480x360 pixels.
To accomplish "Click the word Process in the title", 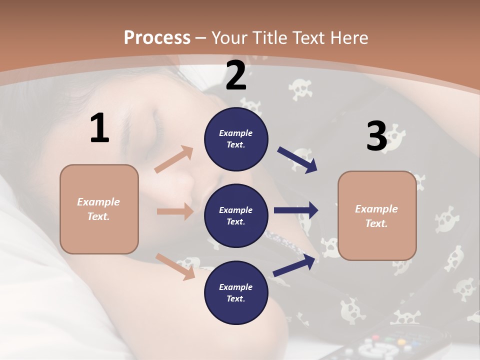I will (157, 37).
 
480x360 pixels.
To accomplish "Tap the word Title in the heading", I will (270, 37).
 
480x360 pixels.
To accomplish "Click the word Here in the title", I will (349, 37).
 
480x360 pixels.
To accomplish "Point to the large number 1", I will (99, 128).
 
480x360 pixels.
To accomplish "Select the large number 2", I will (236, 75).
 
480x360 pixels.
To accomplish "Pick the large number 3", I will (376, 136).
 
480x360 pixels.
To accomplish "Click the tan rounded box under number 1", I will (99, 209).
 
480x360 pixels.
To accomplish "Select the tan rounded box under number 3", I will (377, 216).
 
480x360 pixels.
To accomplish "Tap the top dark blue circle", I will (236, 139).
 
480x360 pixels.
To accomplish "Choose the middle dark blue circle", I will (236, 215).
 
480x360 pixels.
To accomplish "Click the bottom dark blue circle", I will (236, 292).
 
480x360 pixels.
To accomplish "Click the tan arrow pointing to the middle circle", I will (175, 211).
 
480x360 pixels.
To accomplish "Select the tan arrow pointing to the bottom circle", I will (175, 266).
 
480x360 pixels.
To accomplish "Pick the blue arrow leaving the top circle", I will (297, 159).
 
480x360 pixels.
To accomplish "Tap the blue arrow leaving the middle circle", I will (296, 210).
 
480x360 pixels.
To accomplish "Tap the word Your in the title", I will (229, 37).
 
